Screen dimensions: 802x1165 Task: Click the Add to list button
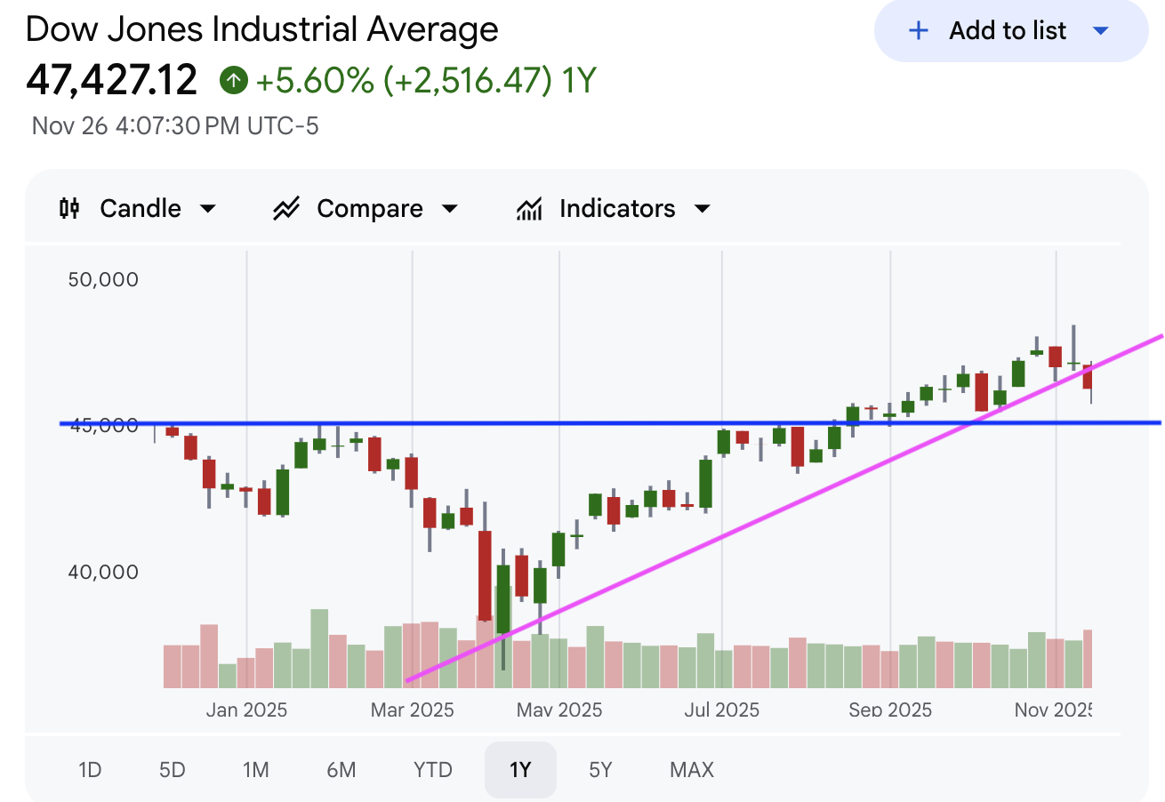[x=1010, y=31]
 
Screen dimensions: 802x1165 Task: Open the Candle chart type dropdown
[x=138, y=209]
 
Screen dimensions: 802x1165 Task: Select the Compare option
[x=365, y=209]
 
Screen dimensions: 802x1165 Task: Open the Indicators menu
[x=614, y=209]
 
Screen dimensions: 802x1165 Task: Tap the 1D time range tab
[x=90, y=769]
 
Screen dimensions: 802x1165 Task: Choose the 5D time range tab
[x=172, y=769]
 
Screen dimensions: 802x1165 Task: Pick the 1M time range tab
[x=255, y=769]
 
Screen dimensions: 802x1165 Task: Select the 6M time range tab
[x=341, y=769]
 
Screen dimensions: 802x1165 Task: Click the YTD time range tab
[x=433, y=769]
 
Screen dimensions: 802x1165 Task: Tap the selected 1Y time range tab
[x=520, y=769]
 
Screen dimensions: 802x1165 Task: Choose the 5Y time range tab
[x=600, y=769]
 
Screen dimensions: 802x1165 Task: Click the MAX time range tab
[x=692, y=769]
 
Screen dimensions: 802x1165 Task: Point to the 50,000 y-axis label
[x=103, y=280]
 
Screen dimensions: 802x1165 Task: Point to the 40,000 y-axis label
[x=103, y=572]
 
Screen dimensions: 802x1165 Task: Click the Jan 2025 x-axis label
[x=246, y=710]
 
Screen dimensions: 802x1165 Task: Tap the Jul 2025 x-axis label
[x=722, y=710]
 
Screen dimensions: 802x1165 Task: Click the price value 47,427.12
[x=112, y=81]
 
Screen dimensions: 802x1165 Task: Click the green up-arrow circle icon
[x=233, y=81]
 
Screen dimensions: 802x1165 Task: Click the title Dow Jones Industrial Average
[x=262, y=29]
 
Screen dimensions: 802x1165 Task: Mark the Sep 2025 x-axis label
[x=890, y=710]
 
